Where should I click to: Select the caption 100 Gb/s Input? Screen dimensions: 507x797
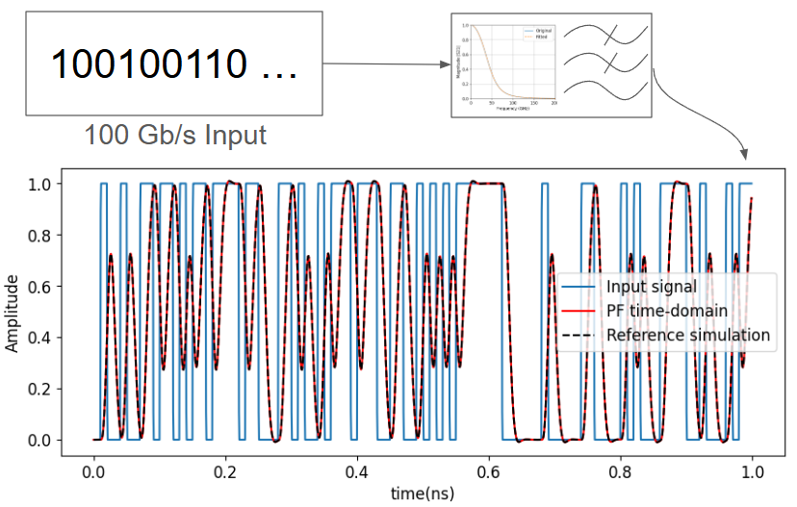click(175, 134)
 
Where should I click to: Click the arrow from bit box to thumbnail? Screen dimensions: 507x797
click(385, 65)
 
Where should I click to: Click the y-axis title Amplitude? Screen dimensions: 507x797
click(13, 314)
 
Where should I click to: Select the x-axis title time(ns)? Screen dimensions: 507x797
click(422, 494)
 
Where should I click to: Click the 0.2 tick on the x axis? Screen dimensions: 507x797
click(225, 472)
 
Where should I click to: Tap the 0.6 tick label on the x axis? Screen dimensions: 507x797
click(489, 472)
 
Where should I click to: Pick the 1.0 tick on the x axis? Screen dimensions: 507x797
click(752, 472)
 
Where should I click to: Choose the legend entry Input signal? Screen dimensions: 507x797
click(651, 288)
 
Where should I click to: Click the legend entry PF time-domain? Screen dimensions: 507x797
click(665, 311)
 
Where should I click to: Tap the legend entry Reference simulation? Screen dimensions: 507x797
click(687, 335)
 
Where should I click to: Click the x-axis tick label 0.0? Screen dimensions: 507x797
click(93, 472)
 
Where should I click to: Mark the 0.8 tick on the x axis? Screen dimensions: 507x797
click(620, 472)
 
